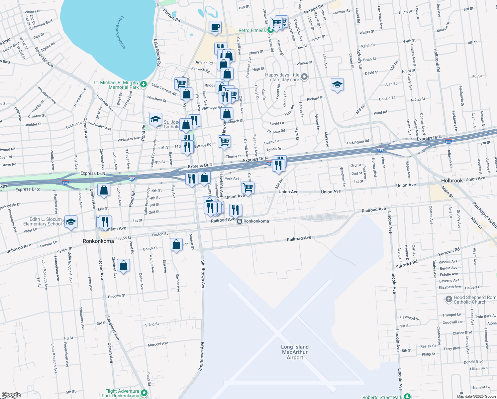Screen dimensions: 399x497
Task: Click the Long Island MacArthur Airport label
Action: point(295,352)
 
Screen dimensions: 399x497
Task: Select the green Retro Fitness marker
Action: point(270,30)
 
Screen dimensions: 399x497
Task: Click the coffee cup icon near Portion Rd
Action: point(215,27)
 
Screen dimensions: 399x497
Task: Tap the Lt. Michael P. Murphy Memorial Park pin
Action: point(143,84)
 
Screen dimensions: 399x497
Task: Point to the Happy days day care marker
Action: point(304,77)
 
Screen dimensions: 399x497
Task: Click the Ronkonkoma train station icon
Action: point(239,221)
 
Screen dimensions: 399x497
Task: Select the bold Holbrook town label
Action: point(452,181)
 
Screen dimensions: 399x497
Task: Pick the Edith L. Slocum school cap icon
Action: point(70,221)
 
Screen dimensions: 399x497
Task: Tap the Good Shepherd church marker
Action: point(448,300)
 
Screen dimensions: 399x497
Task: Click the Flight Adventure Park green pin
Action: point(144,393)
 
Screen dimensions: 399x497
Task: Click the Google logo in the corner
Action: point(11,395)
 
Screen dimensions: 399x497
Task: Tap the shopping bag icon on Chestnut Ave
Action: point(123,266)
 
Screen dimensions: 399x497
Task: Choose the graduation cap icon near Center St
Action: point(337,85)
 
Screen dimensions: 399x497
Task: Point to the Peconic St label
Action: point(117,296)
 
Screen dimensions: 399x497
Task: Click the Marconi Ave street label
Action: point(158,344)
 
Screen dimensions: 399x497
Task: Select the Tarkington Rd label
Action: point(357,142)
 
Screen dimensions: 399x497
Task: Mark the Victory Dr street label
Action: point(33,12)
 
